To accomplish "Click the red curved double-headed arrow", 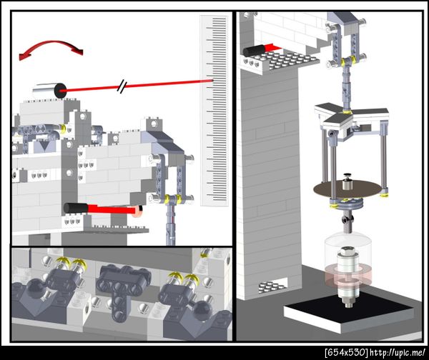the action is click(x=51, y=43).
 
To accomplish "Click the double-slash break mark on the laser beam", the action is click(x=122, y=86).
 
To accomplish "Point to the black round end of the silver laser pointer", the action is click(x=61, y=91).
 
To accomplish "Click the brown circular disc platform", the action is click(x=347, y=189).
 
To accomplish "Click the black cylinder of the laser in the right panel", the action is click(x=254, y=50).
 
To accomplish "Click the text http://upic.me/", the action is click(x=398, y=352).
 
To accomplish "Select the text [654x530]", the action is click(x=346, y=352).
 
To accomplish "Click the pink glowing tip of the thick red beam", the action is click(x=137, y=211).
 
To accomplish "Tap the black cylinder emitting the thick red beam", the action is click(x=76, y=209).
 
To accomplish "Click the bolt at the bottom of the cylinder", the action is click(x=347, y=303).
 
